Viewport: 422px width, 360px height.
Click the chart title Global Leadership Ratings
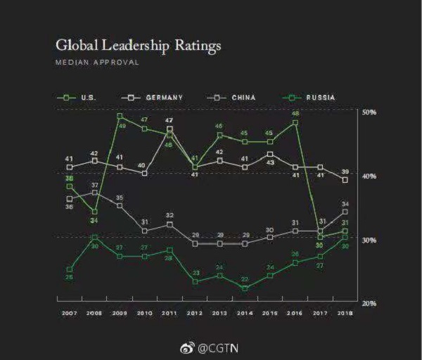coord(138,46)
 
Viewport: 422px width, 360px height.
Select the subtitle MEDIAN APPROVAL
coord(96,63)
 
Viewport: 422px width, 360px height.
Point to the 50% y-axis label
coord(369,112)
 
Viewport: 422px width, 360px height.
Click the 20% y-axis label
coord(369,303)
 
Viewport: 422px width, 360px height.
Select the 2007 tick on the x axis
coord(69,314)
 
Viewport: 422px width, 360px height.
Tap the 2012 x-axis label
coord(195,314)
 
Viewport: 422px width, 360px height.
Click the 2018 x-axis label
coord(345,314)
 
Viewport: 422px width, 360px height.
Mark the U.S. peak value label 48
coord(295,113)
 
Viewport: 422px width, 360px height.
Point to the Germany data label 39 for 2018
coord(345,172)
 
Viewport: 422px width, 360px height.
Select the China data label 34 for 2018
coord(345,205)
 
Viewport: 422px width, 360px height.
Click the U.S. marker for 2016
coord(295,122)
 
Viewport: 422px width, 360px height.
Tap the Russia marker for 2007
coord(69,269)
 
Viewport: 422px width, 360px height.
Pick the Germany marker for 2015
coord(270,154)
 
